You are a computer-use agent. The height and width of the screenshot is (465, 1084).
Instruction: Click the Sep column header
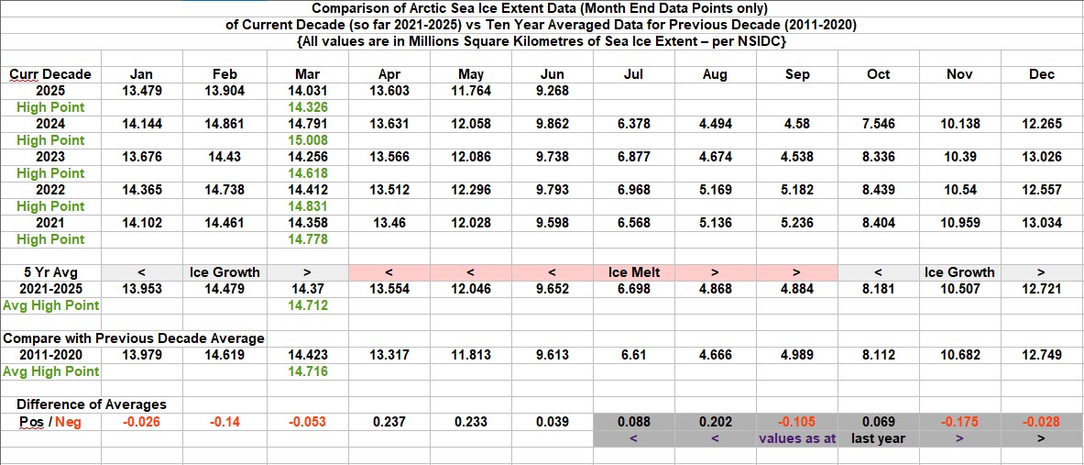tap(797, 74)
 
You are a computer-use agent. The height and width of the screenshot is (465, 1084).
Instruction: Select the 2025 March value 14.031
tap(307, 91)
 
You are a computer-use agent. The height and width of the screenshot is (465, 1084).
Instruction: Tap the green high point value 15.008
tap(307, 140)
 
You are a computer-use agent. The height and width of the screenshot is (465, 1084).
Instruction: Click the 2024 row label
tap(50, 124)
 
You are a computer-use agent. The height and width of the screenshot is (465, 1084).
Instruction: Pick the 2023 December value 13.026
tap(1042, 157)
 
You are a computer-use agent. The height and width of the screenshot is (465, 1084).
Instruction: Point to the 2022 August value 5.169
tap(715, 190)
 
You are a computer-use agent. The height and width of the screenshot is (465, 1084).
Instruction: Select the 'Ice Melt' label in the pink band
tap(634, 272)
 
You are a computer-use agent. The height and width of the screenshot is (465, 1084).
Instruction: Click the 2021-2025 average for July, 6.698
tap(634, 289)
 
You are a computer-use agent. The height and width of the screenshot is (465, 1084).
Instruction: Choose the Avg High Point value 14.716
tap(307, 371)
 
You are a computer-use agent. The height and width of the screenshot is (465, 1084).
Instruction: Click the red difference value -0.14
tap(224, 422)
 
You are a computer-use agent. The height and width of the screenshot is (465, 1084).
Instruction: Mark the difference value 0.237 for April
tap(389, 422)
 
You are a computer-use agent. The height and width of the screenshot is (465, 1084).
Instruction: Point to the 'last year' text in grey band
tap(878, 438)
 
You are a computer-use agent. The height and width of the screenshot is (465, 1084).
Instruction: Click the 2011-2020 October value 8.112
tap(878, 355)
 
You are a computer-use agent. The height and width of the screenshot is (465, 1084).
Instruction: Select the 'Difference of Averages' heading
tap(92, 404)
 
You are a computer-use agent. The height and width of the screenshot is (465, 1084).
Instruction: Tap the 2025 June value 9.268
tap(553, 91)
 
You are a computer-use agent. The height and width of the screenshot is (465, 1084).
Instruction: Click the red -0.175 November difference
tap(960, 422)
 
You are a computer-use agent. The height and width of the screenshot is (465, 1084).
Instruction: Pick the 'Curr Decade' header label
tap(50, 74)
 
